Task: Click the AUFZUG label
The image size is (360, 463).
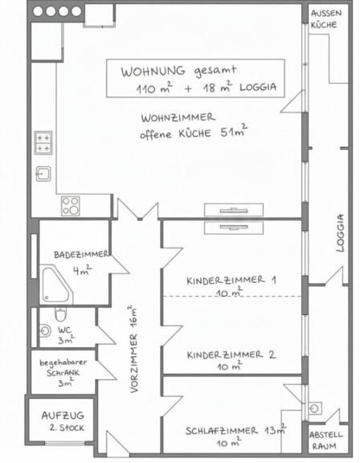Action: tap(63, 416)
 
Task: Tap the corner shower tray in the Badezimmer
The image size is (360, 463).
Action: tap(56, 285)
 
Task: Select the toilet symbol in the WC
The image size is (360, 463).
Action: tap(60, 314)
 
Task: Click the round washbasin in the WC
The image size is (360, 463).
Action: tap(44, 330)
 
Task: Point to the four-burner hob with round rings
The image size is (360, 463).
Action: tap(70, 206)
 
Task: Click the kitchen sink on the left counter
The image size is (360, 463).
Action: tap(43, 174)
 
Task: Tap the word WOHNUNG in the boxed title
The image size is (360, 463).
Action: tap(153, 72)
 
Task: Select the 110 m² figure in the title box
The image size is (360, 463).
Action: tap(154, 88)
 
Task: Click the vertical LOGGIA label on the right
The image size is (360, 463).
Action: tap(340, 232)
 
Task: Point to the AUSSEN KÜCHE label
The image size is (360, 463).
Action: tap(325, 19)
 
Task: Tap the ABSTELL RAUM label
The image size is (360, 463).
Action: tap(325, 440)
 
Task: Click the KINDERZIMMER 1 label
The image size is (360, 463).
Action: tap(231, 280)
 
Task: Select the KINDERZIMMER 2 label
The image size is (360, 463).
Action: tap(231, 354)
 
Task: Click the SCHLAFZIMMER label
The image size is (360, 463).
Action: tap(222, 431)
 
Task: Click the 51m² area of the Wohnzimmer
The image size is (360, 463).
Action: tap(234, 131)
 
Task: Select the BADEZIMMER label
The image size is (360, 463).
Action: tap(80, 255)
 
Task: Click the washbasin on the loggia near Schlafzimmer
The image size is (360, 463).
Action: tap(315, 408)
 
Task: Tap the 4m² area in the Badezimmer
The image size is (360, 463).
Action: tap(82, 270)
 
